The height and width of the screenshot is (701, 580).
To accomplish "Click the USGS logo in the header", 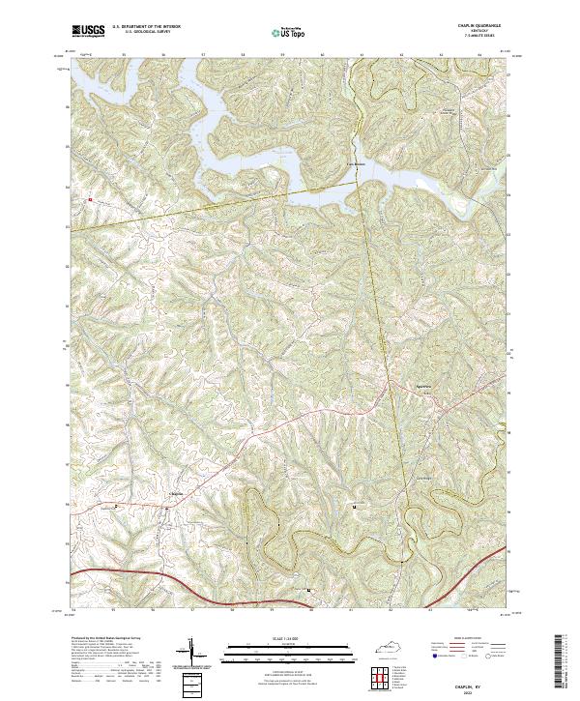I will point(88,31).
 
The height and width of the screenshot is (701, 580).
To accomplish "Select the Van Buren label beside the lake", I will point(357,163).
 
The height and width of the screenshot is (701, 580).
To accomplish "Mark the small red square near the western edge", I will point(89,200).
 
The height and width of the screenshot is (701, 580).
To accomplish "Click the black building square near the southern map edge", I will point(308,590).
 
